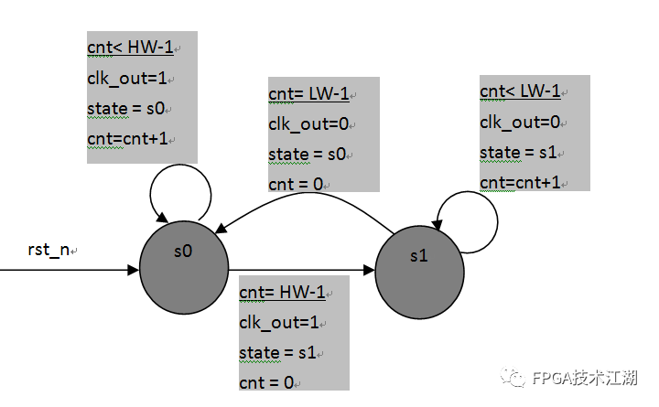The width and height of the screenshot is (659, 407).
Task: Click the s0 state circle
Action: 183,265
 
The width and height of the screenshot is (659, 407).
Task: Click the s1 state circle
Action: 419,271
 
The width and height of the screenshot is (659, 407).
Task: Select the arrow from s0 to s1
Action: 302,270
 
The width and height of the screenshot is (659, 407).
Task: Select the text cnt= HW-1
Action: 282,293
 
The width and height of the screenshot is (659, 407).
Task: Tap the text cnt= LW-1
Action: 308,94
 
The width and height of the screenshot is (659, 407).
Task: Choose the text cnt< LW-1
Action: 520,91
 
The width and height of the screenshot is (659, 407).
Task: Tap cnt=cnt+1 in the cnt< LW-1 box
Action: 519,182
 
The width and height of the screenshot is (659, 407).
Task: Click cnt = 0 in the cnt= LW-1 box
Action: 296,185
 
